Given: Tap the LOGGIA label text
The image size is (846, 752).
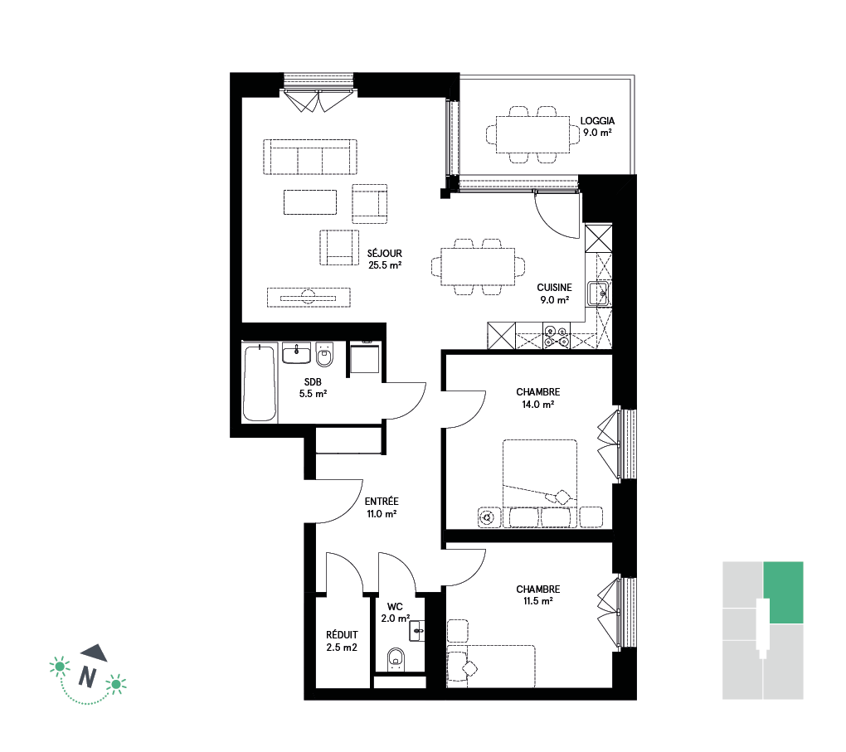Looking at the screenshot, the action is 597,121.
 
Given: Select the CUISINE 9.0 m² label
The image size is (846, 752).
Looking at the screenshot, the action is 554,294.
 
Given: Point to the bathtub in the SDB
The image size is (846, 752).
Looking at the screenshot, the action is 260,382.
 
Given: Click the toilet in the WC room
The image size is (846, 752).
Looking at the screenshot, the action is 396,660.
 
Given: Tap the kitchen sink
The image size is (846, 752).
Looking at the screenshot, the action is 599,294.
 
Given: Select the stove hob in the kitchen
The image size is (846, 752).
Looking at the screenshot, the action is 557,336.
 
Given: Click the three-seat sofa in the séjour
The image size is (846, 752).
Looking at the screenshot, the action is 310,157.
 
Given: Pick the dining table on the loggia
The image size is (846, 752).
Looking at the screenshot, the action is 532,134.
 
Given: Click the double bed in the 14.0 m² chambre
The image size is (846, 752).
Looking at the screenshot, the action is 540,483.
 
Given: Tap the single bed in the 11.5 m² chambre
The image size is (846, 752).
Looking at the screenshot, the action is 491,666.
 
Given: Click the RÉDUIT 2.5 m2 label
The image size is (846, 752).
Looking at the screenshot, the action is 342,641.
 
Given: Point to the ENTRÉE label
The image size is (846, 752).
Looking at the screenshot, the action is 382,501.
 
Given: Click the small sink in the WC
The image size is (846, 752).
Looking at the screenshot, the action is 417,630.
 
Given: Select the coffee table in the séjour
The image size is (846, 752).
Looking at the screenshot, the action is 310,201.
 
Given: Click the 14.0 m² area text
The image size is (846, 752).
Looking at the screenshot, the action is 538,405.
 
